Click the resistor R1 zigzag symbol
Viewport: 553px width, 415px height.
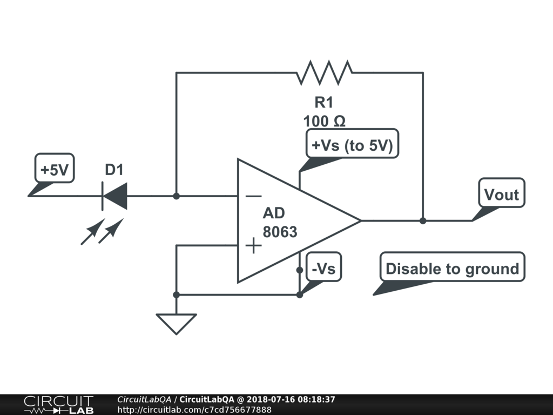pyautogui.click(x=324, y=72)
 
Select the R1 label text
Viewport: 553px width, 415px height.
pyautogui.click(x=324, y=103)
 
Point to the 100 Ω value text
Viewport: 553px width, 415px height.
pyautogui.click(x=324, y=121)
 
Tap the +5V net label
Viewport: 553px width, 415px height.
pyautogui.click(x=54, y=170)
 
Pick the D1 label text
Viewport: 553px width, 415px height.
pyautogui.click(x=114, y=170)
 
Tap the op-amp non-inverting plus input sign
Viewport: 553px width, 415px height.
pyautogui.click(x=253, y=246)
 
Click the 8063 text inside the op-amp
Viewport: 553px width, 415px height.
pyautogui.click(x=280, y=232)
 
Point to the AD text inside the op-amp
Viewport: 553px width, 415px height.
pyautogui.click(x=274, y=213)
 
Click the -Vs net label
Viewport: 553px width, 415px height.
pyautogui.click(x=323, y=268)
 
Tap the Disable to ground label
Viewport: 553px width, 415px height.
pyautogui.click(x=452, y=268)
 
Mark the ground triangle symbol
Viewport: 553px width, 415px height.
pyautogui.click(x=176, y=323)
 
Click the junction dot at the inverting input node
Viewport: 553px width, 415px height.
pyautogui.click(x=176, y=196)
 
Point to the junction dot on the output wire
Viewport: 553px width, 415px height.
pyautogui.click(x=423, y=220)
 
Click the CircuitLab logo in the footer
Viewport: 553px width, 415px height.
pyautogui.click(x=58, y=404)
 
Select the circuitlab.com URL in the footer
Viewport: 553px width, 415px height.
pyautogui.click(x=194, y=410)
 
